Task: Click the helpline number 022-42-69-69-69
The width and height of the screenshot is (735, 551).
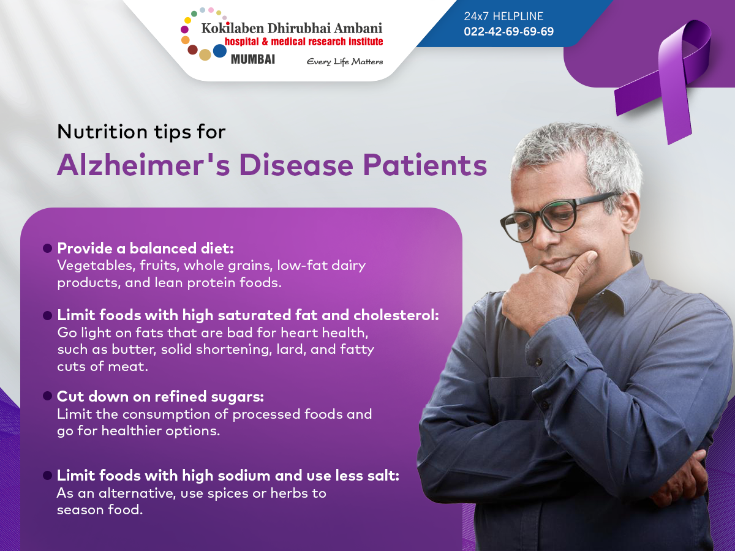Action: pyautogui.click(x=508, y=31)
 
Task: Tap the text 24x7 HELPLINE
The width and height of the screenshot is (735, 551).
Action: pyautogui.click(x=503, y=16)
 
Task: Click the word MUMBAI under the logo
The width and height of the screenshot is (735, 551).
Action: pyautogui.click(x=253, y=59)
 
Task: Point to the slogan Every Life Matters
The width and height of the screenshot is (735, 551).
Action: pyautogui.click(x=345, y=62)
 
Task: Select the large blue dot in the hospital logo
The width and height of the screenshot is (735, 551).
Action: pyautogui.click(x=220, y=51)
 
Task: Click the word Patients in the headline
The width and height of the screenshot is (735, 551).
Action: pyautogui.click(x=425, y=165)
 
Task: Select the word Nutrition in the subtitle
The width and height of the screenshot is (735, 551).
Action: pyautogui.click(x=102, y=132)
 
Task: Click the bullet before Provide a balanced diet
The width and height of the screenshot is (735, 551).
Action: pyautogui.click(x=48, y=248)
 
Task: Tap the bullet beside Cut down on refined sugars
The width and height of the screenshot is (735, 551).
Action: pyautogui.click(x=48, y=396)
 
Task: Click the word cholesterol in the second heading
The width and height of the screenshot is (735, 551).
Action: pyautogui.click(x=396, y=315)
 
